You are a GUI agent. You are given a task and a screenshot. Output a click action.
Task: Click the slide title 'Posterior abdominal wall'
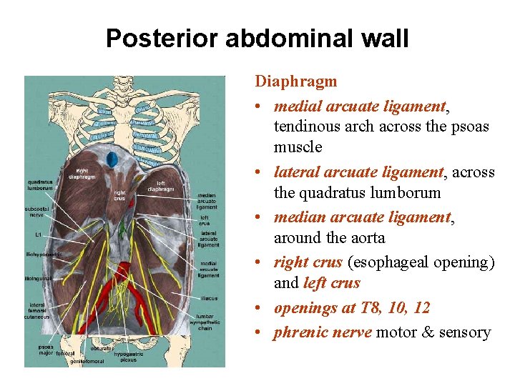[x=257, y=38]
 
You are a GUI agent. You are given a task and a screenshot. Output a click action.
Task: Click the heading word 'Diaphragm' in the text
[x=295, y=81]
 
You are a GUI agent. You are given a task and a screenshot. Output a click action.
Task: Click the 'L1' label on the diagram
[x=37, y=234]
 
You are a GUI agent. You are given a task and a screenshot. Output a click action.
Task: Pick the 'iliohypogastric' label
[x=43, y=254]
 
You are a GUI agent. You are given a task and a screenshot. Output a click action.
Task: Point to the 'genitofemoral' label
[x=87, y=362]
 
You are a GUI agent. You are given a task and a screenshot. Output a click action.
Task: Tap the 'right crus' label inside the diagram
[x=119, y=195]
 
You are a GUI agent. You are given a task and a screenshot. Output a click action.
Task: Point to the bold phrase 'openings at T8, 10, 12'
[x=352, y=308]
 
